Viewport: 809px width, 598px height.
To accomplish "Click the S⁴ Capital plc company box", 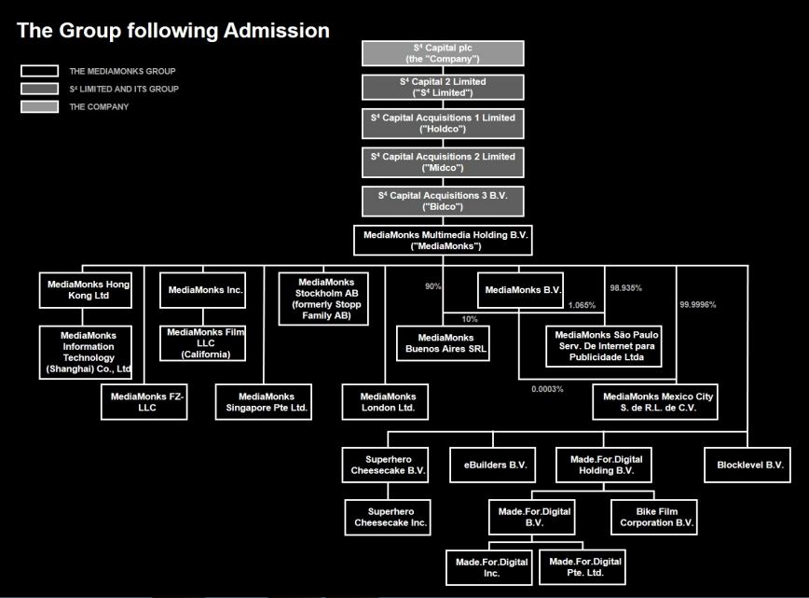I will coord(443,53).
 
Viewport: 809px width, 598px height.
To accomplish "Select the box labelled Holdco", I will coord(443,123).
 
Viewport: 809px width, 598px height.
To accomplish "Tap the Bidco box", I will coord(443,201).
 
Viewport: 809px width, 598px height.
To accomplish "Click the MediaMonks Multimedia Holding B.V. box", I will coord(443,240).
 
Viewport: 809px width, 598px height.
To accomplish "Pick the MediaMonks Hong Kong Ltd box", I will coord(85,288).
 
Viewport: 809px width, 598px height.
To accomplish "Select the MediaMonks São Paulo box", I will coord(606,345).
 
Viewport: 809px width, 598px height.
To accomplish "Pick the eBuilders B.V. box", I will coord(496,464).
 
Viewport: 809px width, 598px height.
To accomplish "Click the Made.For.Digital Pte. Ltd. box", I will coord(584,566).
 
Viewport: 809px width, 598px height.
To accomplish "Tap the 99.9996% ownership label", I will coord(698,305).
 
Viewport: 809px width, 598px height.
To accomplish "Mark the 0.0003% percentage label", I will coord(547,389).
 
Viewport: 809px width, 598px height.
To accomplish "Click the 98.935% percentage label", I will coord(625,288).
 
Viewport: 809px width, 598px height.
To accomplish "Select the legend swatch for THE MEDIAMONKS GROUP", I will coord(38,71).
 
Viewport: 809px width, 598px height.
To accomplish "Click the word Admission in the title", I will coord(275,31).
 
